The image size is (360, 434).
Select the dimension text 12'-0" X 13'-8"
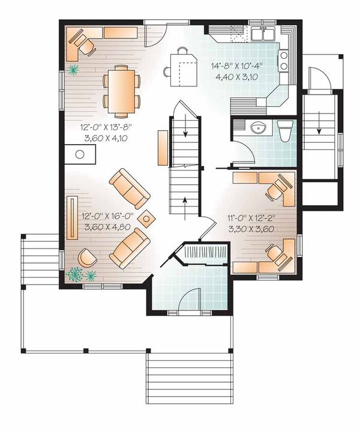(106, 127)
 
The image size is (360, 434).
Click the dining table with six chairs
(121, 89)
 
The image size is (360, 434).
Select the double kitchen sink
(263, 33)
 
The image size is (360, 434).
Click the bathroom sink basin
(260, 128)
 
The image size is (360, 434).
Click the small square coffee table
(146, 219)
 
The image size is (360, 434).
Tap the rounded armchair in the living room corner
(88, 257)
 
